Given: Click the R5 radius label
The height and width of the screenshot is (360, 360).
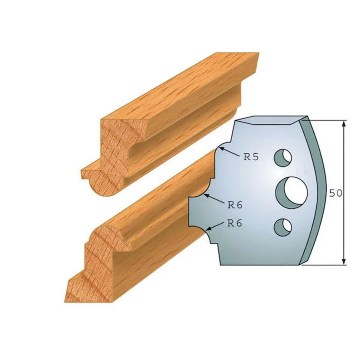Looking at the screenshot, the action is (251, 157).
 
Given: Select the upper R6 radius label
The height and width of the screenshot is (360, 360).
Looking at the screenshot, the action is (235, 205).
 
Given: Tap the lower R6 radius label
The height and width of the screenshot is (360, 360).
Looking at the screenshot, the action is (234, 223).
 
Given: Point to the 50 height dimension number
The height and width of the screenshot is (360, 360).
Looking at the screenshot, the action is (336, 193).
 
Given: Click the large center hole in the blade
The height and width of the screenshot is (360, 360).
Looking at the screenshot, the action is (292, 193).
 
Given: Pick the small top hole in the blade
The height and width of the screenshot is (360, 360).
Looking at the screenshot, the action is (283, 158).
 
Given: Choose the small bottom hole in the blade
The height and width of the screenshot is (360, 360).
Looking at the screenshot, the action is (283, 227).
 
